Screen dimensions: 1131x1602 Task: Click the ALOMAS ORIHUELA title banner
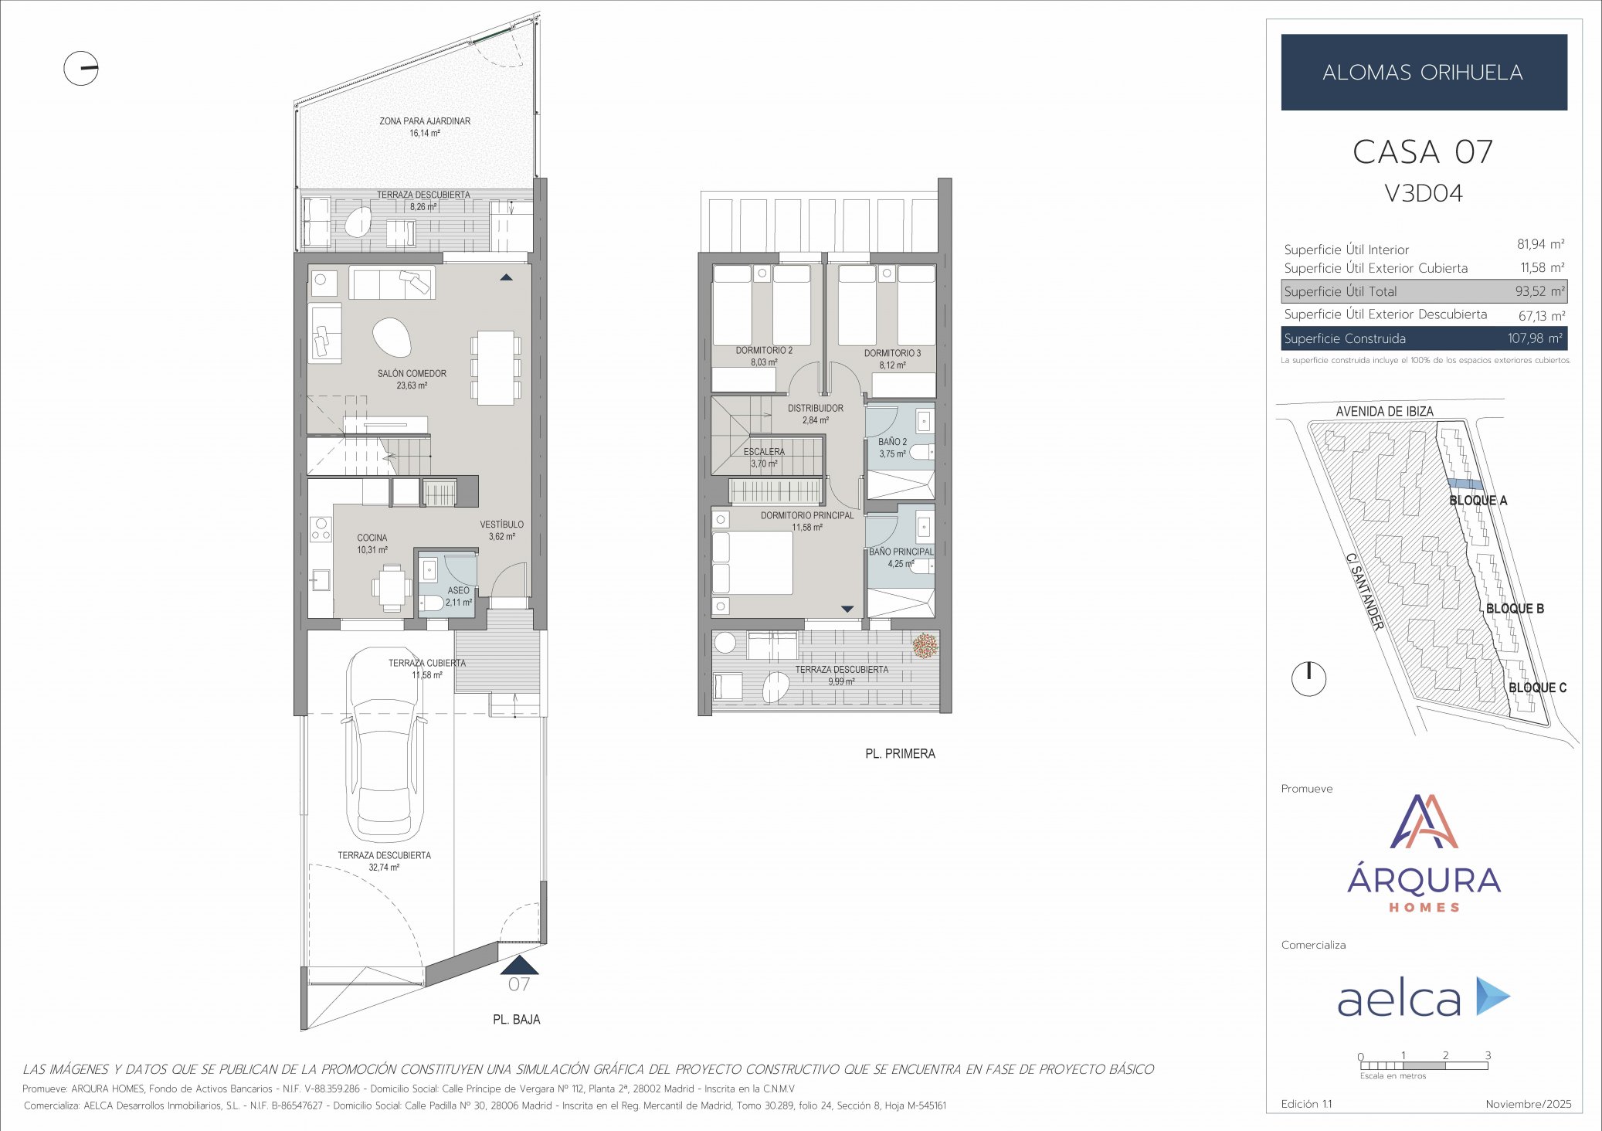[1423, 72]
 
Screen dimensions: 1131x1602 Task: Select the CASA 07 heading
[1423, 152]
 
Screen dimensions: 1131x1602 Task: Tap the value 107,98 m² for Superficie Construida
[1535, 338]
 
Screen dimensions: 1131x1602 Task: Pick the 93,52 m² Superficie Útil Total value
[1539, 291]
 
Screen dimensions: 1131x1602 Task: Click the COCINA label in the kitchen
[372, 538]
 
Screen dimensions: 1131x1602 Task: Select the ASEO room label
[458, 591]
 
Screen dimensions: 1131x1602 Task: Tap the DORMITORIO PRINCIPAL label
[807, 515]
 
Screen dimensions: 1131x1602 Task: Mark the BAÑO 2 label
[892, 443]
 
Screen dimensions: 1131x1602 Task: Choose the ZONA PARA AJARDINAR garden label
[425, 121]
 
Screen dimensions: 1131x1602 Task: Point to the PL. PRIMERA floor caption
[900, 754]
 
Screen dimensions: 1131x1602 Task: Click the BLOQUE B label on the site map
[1514, 609]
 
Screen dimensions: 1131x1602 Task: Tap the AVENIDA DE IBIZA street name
[1384, 412]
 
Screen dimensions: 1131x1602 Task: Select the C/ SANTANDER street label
[1364, 591]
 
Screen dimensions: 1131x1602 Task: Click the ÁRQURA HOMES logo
[1424, 854]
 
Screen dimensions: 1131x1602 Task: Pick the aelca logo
[1423, 997]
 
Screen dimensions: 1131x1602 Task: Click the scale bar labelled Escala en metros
[1424, 1066]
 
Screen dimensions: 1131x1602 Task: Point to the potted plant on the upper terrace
[925, 645]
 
